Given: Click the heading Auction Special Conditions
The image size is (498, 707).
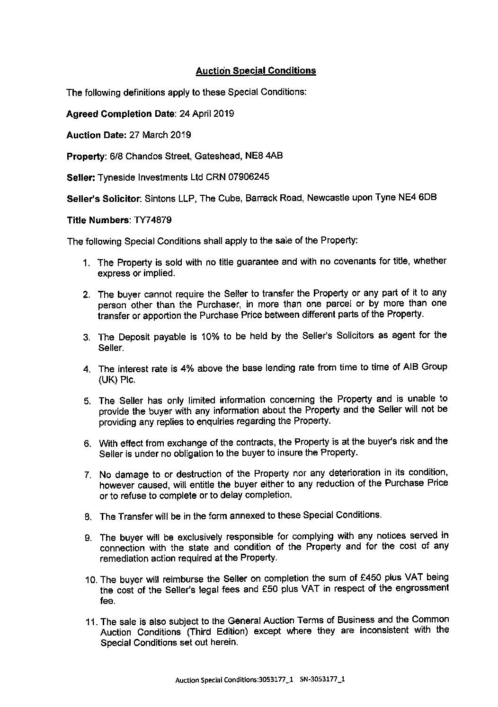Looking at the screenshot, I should point(256,71).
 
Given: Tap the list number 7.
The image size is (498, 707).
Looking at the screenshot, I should point(88,475).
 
